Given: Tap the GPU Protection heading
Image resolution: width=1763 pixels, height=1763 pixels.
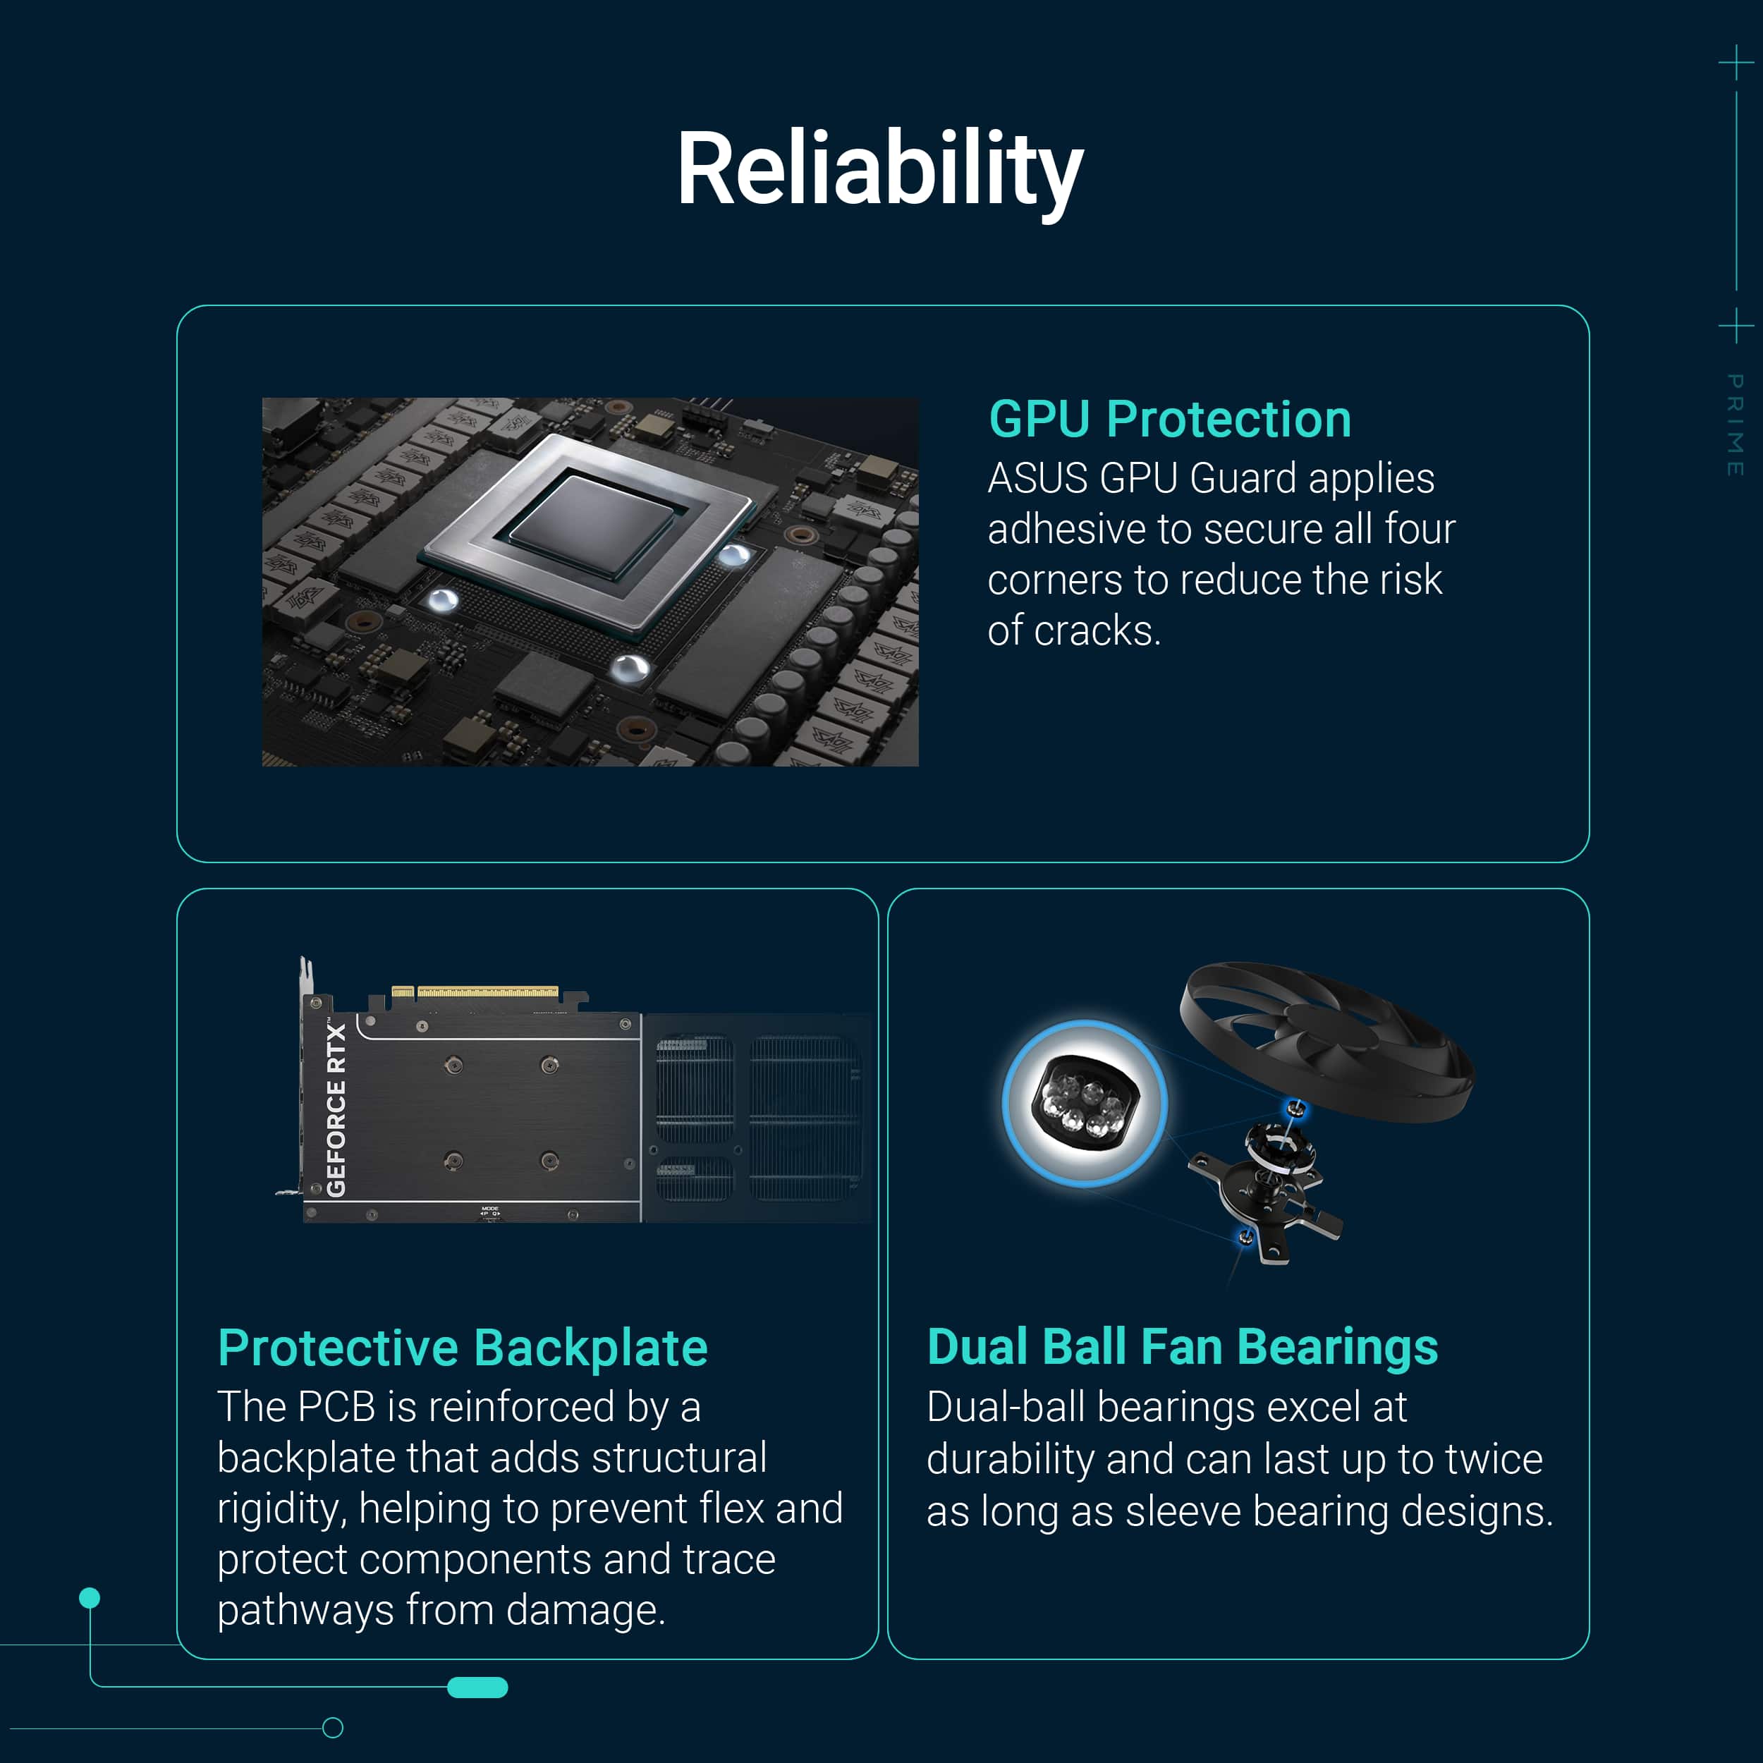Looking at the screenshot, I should click(1170, 420).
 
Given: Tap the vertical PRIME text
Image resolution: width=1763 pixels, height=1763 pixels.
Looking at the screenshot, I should click(1735, 425).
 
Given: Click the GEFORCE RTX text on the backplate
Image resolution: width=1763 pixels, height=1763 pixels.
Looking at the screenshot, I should click(336, 1109).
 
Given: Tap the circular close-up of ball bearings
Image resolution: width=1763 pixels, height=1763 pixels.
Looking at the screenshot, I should click(1084, 1103).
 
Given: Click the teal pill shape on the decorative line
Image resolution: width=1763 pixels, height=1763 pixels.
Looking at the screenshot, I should click(477, 1688).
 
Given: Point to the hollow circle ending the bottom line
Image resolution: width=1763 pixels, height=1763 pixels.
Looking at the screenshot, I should click(333, 1728).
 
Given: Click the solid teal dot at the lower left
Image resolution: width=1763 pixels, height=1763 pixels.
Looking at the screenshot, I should click(90, 1598).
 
